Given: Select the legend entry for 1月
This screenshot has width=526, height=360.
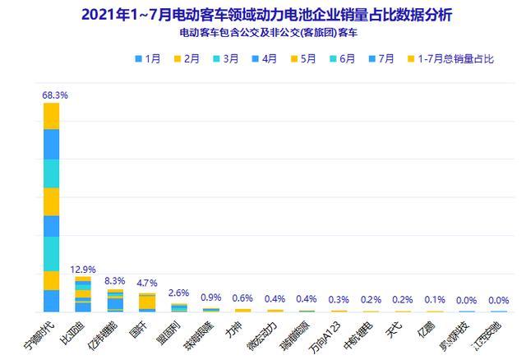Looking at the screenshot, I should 148,59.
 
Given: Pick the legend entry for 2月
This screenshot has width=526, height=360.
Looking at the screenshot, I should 188,59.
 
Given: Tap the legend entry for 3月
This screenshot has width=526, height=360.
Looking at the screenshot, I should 228,59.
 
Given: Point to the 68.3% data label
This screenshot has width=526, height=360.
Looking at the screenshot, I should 54,95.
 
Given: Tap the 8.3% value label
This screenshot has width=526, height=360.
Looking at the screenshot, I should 115,281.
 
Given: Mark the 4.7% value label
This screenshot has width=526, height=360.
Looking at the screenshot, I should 147,286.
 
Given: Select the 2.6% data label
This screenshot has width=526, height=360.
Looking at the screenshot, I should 179,293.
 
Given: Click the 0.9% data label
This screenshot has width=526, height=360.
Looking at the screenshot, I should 211,298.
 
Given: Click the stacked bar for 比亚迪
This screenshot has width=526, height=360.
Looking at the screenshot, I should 83,294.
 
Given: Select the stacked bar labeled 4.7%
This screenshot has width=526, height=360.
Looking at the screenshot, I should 147,302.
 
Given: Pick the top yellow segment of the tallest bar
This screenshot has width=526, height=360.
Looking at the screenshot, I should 52,116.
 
